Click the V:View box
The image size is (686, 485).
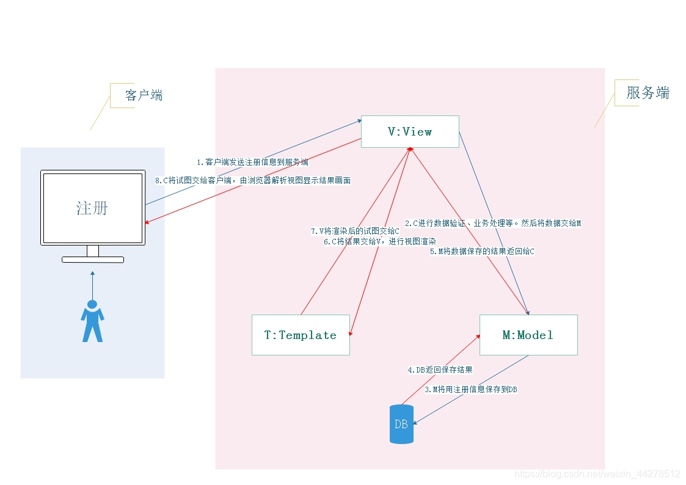coord(410,131)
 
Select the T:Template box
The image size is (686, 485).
coord(301,335)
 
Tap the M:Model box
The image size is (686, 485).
coord(528,335)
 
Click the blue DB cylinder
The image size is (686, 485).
coord(401,424)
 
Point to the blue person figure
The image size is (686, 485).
coord(92,321)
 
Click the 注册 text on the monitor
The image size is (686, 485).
coord(92,208)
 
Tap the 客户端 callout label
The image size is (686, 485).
coord(144,95)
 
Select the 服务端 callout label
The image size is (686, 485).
coord(648,93)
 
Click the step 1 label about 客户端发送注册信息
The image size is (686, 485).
coord(252,162)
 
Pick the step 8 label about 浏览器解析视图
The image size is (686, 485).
coord(253,181)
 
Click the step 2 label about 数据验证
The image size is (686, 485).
coord(492,223)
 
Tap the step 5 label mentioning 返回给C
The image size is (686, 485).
coord(482,251)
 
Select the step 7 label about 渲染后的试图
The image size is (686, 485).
coord(355,232)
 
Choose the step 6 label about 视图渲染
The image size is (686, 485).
coord(379,241)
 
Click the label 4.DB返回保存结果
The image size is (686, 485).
coord(440,370)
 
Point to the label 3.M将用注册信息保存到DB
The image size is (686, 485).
coord(471,389)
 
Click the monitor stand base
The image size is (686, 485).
coord(93,260)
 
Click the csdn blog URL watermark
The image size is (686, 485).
coord(597,474)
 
